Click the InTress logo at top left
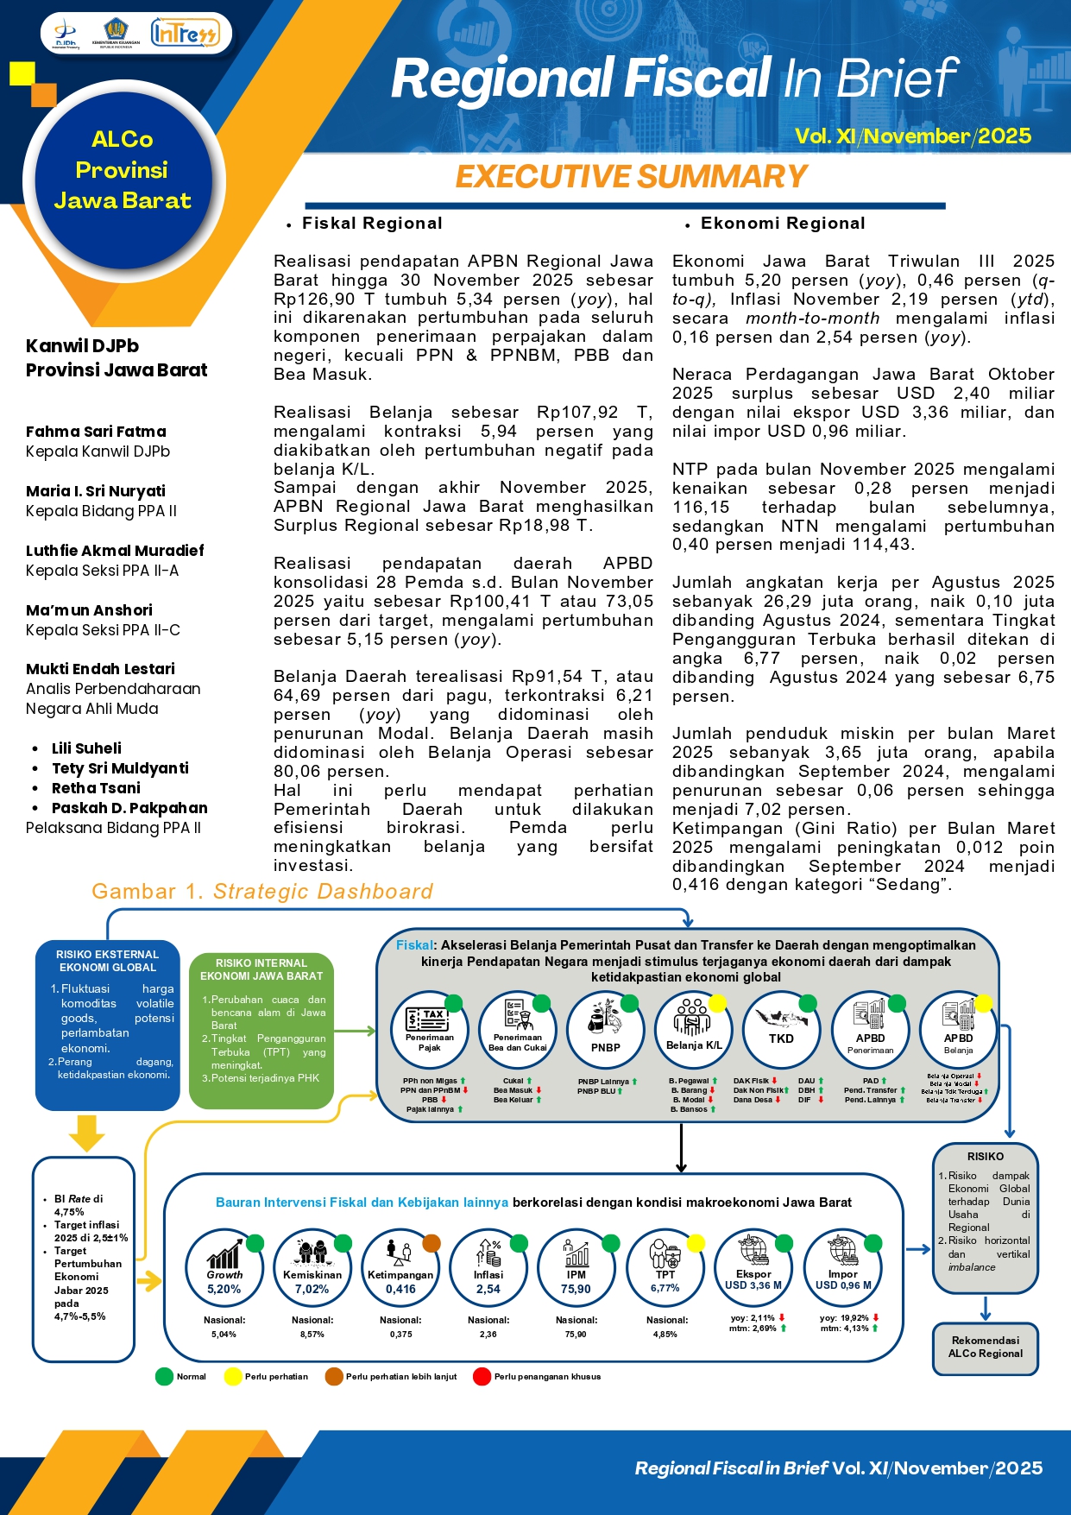point(185,33)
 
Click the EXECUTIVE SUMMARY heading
point(631,176)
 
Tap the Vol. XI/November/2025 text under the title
point(913,136)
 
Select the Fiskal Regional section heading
point(372,224)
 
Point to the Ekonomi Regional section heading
point(782,224)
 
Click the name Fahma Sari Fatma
point(96,432)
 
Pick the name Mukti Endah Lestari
point(100,669)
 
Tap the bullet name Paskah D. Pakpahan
point(129,808)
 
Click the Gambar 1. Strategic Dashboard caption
point(262,892)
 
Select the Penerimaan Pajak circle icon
point(430,1029)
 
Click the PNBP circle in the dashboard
point(605,1029)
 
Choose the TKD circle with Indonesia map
point(781,1029)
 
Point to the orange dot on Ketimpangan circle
point(432,1243)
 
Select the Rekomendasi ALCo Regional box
point(985,1347)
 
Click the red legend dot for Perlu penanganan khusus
point(482,1376)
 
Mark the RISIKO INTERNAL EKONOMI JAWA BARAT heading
point(261,969)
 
